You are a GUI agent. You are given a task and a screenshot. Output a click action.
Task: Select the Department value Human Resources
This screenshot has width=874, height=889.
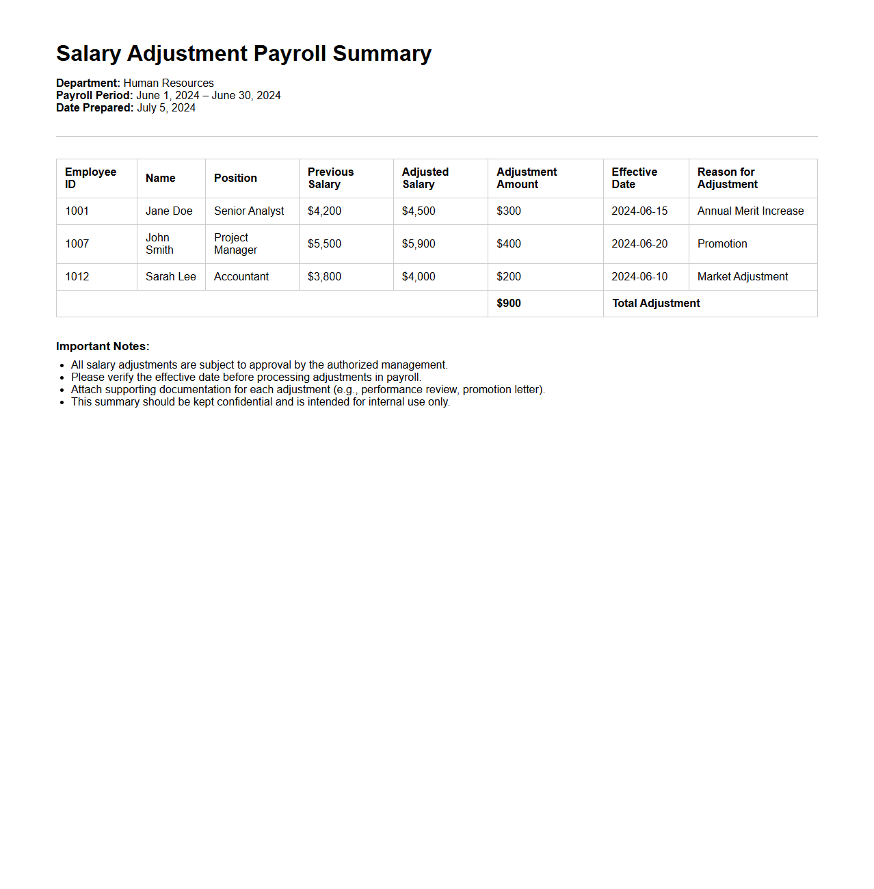pyautogui.click(x=168, y=83)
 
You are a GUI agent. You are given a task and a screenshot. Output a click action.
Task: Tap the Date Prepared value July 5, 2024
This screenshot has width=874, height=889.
pyautogui.click(x=166, y=108)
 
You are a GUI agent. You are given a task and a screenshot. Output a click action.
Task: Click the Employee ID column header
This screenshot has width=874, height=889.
pyautogui.click(x=90, y=178)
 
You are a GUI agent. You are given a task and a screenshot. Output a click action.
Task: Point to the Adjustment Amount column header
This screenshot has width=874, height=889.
pyautogui.click(x=527, y=178)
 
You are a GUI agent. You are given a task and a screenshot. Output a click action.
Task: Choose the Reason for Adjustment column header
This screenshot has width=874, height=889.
pyautogui.click(x=727, y=178)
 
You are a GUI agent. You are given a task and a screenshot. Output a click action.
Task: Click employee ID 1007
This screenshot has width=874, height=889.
pyautogui.click(x=77, y=244)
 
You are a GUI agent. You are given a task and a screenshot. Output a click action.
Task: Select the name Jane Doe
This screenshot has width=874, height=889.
pyautogui.click(x=169, y=211)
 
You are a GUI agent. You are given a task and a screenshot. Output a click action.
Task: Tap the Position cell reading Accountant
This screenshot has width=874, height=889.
pyautogui.click(x=241, y=277)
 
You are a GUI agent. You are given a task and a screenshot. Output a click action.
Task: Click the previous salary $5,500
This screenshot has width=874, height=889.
pyautogui.click(x=324, y=244)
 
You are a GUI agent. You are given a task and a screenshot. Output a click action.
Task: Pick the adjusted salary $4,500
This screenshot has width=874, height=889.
pyautogui.click(x=419, y=211)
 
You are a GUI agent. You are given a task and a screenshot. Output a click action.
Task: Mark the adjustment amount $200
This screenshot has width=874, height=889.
pyautogui.click(x=509, y=277)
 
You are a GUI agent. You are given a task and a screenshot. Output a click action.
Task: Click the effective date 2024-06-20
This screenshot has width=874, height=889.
pyautogui.click(x=639, y=244)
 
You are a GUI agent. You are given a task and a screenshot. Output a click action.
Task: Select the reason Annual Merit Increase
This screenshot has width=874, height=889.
pyautogui.click(x=750, y=211)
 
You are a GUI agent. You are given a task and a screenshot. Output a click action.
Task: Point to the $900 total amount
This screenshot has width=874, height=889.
pyautogui.click(x=509, y=304)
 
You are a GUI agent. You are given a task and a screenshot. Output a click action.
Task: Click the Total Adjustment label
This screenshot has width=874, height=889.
pyautogui.click(x=656, y=304)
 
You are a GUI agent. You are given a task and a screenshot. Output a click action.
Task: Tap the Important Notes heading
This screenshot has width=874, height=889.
pyautogui.click(x=103, y=347)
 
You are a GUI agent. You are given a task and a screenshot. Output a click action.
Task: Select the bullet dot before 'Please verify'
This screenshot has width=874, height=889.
pyautogui.click(x=62, y=378)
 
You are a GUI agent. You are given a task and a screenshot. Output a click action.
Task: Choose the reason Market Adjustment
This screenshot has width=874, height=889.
pyautogui.click(x=743, y=277)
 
